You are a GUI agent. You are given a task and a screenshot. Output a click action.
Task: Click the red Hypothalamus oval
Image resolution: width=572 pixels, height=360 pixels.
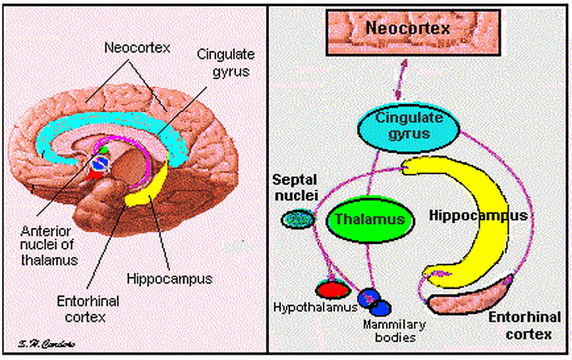(332, 289)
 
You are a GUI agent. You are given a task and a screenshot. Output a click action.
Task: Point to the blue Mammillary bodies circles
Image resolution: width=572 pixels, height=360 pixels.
(374, 301)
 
